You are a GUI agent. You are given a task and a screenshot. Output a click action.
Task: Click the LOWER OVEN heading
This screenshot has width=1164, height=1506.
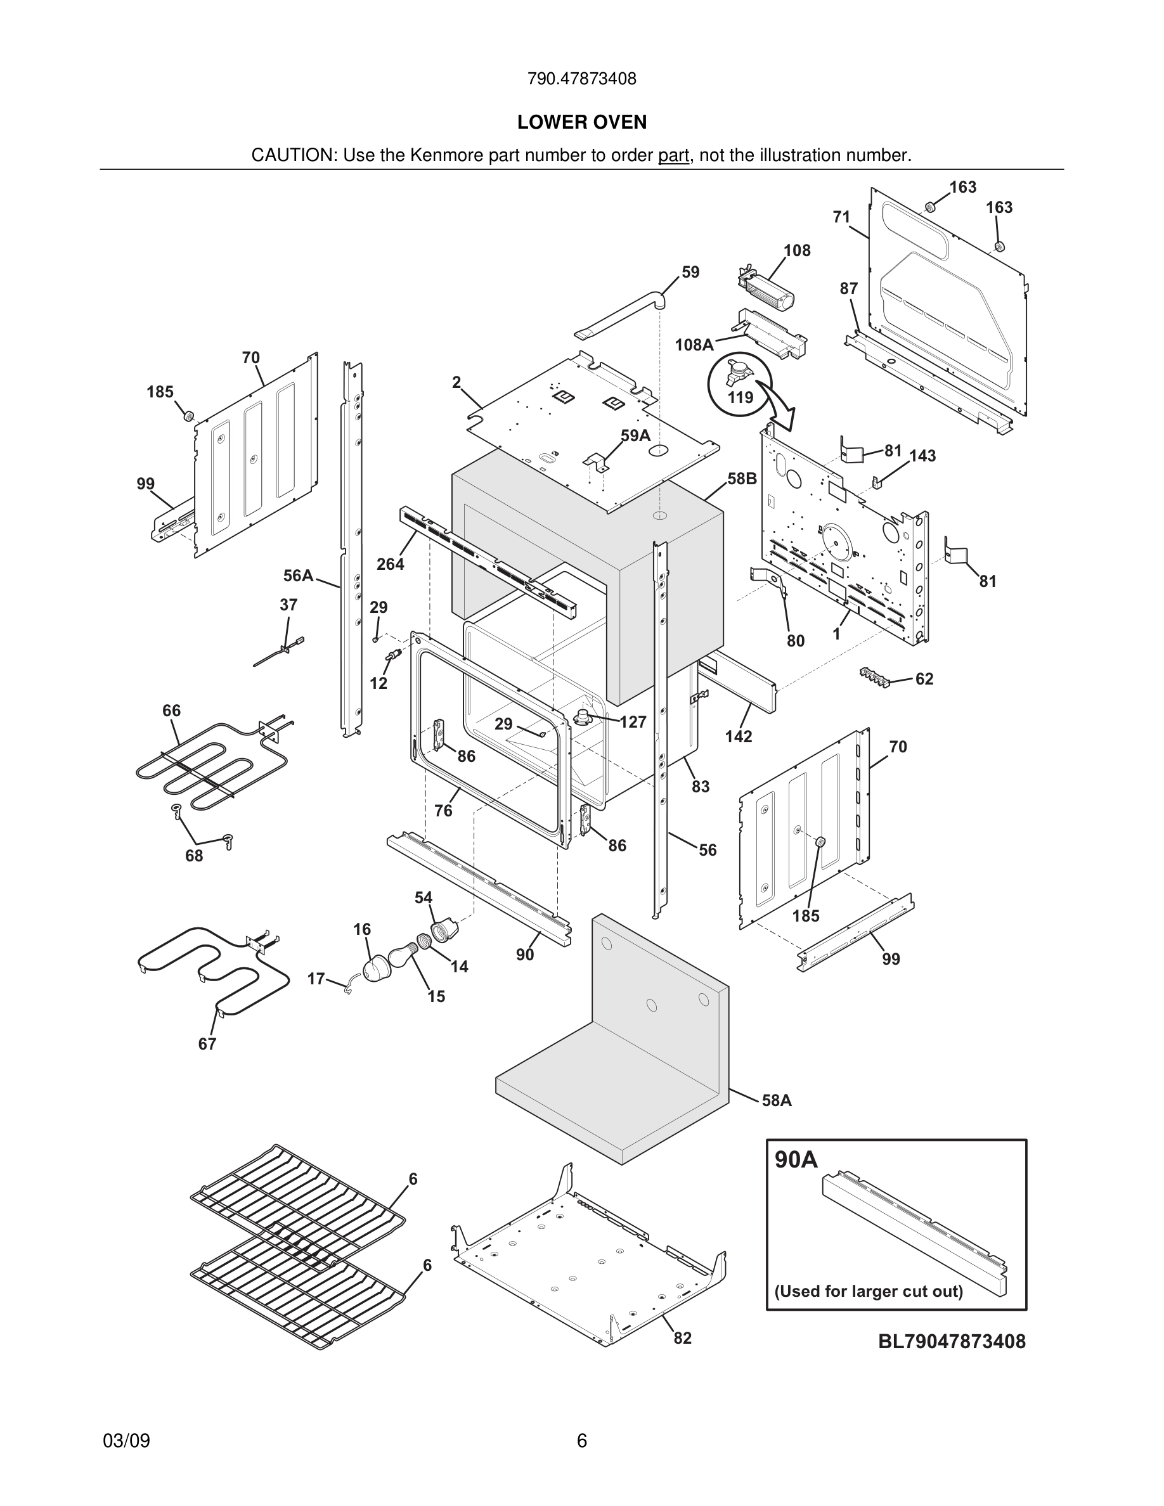(581, 122)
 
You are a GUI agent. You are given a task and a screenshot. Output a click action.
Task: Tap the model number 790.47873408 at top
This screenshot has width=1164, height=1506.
(581, 79)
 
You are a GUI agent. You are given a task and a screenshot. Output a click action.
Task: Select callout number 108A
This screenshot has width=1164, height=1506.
(694, 345)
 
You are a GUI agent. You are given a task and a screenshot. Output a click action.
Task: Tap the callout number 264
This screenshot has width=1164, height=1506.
(390, 564)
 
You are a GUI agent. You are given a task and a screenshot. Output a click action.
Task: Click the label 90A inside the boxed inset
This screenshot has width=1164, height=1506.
(796, 1160)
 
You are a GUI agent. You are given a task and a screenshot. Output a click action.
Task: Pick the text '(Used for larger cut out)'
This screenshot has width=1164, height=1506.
(868, 1291)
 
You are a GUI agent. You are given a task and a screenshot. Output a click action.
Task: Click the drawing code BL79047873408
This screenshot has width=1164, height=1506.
(952, 1341)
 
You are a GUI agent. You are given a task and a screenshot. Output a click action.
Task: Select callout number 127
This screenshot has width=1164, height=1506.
(632, 722)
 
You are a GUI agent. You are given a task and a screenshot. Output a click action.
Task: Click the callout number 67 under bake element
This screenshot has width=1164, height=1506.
(207, 1044)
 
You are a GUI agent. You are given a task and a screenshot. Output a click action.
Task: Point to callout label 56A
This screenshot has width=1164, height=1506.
(298, 576)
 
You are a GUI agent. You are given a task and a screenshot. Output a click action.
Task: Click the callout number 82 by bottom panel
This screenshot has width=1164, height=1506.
(682, 1339)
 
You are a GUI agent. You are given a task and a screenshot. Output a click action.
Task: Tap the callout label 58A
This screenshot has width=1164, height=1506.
(777, 1100)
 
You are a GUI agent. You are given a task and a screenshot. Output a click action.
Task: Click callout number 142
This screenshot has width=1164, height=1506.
(738, 737)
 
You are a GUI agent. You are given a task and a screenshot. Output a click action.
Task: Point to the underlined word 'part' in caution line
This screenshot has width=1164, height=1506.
(673, 156)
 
